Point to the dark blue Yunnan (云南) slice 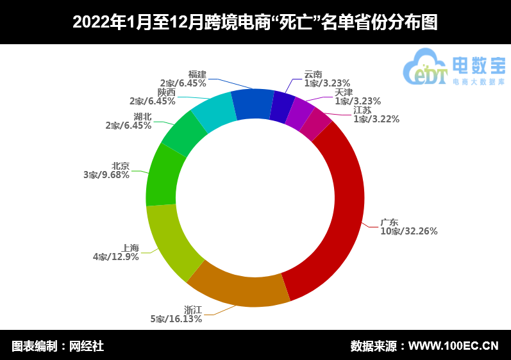281,107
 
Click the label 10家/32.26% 408,231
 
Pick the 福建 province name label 197,74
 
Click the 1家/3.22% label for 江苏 376,119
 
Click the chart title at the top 255,22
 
